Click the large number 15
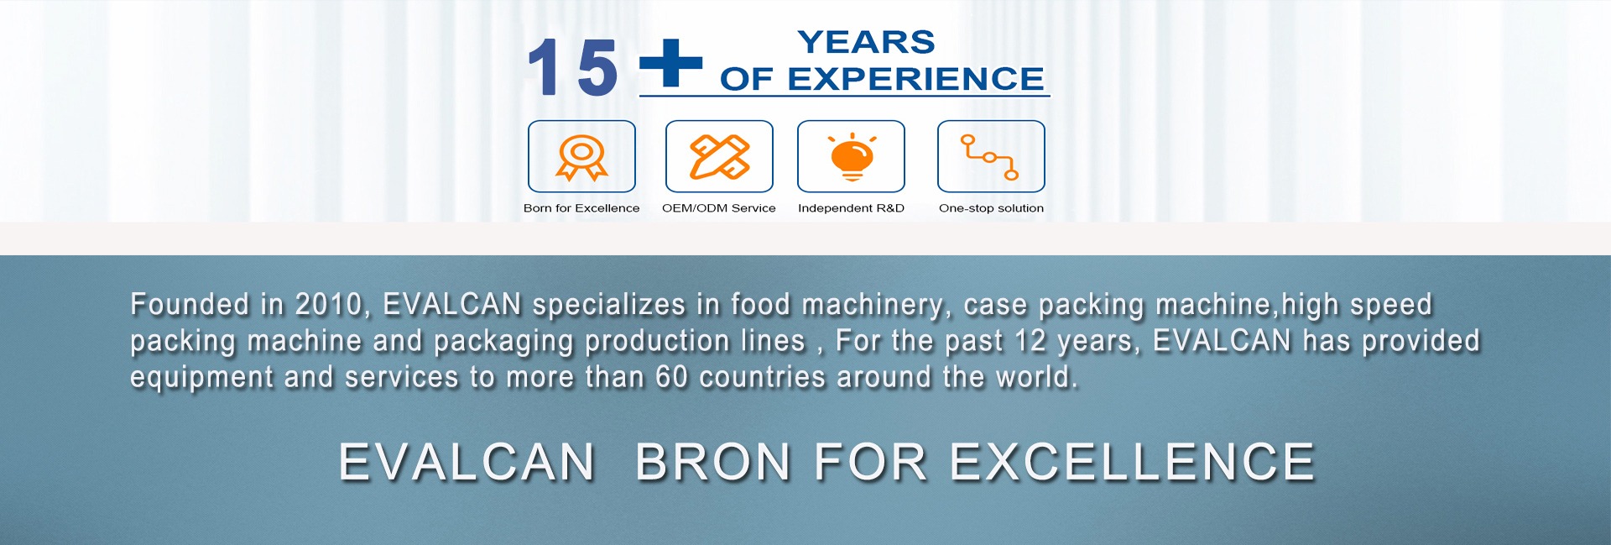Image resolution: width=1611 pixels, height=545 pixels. pos(572,67)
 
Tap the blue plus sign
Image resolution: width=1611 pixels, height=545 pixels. pos(670,62)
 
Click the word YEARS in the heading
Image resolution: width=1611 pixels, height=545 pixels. pos(866,42)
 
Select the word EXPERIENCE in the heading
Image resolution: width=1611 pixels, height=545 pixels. pos(915,79)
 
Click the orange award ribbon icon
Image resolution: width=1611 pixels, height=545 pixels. pos(581,157)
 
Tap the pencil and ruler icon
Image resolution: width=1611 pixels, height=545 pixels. pos(719,157)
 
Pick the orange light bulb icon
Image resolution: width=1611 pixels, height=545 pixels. pos(852,157)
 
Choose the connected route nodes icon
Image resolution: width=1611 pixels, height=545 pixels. pos(990,157)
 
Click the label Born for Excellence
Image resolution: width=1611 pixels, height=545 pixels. pos(581,208)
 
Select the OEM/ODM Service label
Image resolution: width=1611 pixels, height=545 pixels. pos(719,208)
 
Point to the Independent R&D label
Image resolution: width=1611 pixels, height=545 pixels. pos(851,208)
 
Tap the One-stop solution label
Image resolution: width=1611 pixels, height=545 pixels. pos(991,208)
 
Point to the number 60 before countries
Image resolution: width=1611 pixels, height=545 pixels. pos(672,377)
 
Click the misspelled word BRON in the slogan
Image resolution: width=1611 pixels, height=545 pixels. pos(713,462)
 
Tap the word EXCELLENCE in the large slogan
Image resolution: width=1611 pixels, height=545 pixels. pos(1133,462)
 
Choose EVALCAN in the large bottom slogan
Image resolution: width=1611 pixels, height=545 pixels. pos(467,462)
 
